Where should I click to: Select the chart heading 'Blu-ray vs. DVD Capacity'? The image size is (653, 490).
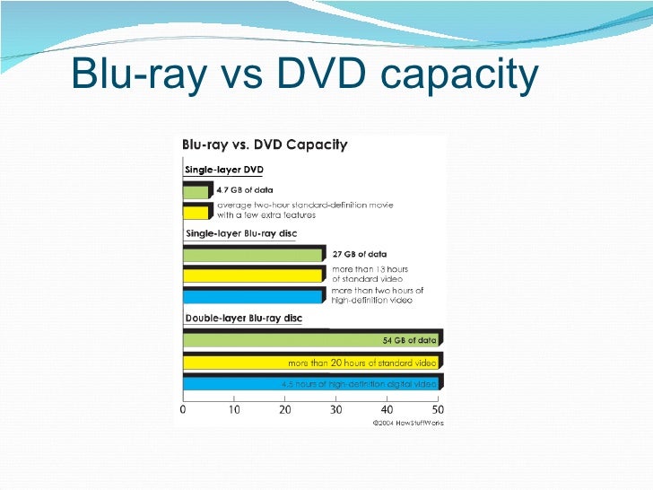click(x=265, y=144)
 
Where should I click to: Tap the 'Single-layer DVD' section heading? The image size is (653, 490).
click(x=223, y=170)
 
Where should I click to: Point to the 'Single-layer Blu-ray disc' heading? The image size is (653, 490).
click(x=240, y=234)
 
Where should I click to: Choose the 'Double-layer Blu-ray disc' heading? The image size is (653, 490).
click(x=243, y=319)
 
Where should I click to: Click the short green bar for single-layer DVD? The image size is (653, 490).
click(x=196, y=190)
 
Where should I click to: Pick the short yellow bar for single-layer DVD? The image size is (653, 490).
click(x=196, y=212)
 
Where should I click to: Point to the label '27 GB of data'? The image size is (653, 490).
click(x=359, y=254)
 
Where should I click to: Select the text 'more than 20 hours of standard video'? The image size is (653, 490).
click(x=361, y=363)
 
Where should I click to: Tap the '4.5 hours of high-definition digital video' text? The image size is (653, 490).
click(x=360, y=384)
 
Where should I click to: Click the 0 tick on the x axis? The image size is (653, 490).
click(x=183, y=410)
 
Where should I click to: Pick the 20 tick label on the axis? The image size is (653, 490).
click(x=285, y=410)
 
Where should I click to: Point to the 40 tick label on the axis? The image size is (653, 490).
click(x=387, y=410)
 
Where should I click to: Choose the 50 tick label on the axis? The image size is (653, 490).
click(x=437, y=410)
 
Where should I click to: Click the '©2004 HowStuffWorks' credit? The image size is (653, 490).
click(x=408, y=423)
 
